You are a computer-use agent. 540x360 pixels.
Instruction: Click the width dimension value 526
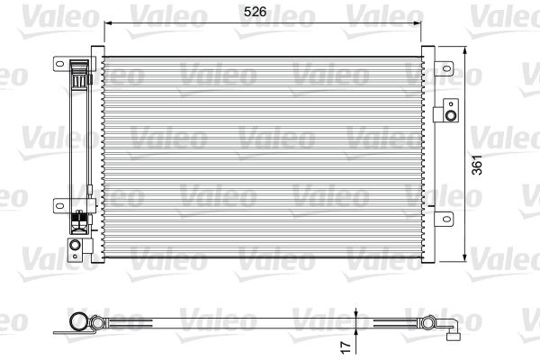pyautogui.click(x=255, y=12)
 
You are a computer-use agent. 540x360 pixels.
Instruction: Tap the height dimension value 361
pyautogui.click(x=477, y=165)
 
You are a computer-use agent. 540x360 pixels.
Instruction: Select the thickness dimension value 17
pyautogui.click(x=346, y=346)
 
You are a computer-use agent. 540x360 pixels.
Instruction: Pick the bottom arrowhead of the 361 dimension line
pyautogui.click(x=465, y=257)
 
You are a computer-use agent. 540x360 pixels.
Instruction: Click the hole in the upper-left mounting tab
pyautogui.click(x=60, y=64)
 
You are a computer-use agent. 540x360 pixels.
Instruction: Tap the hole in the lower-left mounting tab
pyautogui.click(x=60, y=206)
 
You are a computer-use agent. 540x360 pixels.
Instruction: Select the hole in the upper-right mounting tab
pyautogui.click(x=446, y=68)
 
